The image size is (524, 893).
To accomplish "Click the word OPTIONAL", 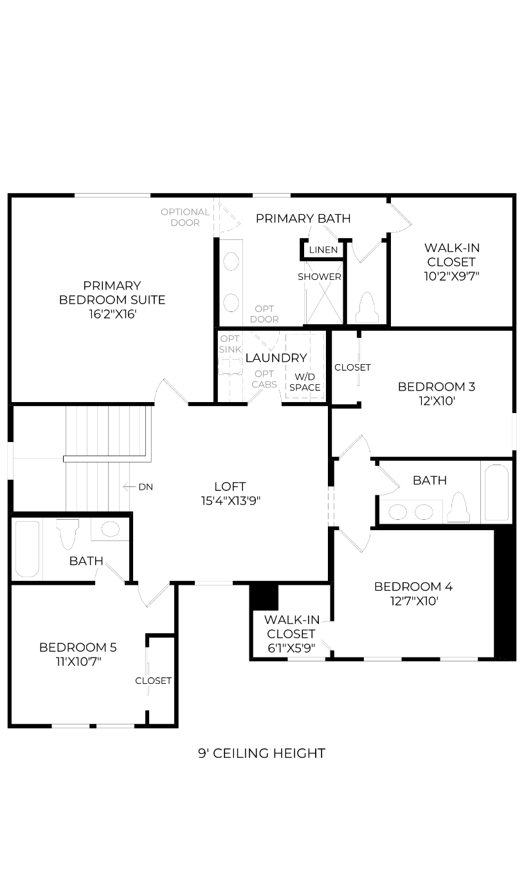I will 185,212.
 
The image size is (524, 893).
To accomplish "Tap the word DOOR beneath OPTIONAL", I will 185,223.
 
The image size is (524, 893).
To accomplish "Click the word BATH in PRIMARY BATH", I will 334,219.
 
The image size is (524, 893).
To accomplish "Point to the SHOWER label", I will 320,277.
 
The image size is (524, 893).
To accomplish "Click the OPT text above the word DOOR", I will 264,309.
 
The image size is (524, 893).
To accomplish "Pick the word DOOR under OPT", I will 264,320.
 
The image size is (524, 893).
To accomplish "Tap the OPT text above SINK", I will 230,338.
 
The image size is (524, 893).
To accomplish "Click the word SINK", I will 230,349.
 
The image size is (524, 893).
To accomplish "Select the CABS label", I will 264,385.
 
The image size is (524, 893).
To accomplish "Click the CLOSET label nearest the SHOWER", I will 352,367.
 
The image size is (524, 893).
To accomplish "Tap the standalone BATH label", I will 86,561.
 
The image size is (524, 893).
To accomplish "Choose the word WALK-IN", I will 292,620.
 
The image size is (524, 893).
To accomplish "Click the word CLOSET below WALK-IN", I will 291,634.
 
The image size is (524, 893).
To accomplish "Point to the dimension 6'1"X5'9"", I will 291,648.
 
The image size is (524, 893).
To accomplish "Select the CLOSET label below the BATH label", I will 154,681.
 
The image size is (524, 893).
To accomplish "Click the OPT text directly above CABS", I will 264,374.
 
